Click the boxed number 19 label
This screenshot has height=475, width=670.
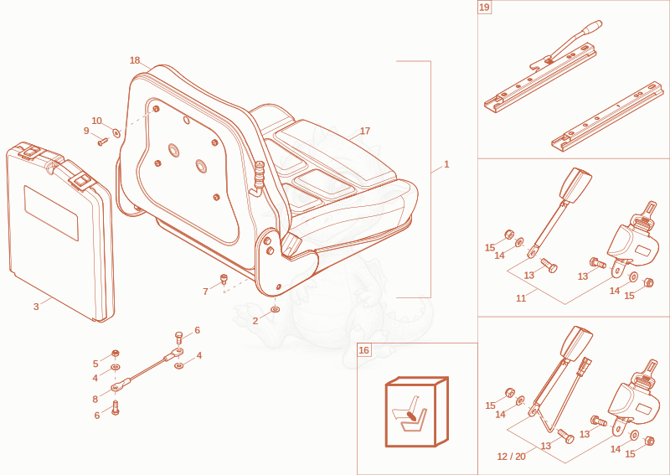tap(485, 8)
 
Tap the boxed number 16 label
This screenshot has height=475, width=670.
tap(363, 350)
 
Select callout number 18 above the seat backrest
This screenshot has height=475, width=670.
tap(135, 60)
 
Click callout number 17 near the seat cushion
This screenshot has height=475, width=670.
tap(365, 131)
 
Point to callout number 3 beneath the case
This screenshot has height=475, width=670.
tap(36, 307)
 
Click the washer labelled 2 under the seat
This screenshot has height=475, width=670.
tap(276, 308)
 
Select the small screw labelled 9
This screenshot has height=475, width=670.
tap(101, 142)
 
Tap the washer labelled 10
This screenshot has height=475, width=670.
tap(116, 133)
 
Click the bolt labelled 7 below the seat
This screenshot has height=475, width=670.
tap(224, 279)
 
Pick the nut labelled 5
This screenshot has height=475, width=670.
tap(115, 354)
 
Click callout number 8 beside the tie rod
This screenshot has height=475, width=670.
tap(95, 400)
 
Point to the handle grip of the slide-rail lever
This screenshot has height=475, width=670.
tap(595, 26)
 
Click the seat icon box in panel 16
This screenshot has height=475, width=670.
tap(416, 411)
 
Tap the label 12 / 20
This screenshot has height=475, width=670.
tap(512, 457)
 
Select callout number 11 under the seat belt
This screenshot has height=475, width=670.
tap(521, 298)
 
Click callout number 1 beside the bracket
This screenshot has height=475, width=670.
tap(446, 164)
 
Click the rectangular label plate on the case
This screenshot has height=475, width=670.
tap(51, 213)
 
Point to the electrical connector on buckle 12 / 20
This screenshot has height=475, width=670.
tap(583, 367)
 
